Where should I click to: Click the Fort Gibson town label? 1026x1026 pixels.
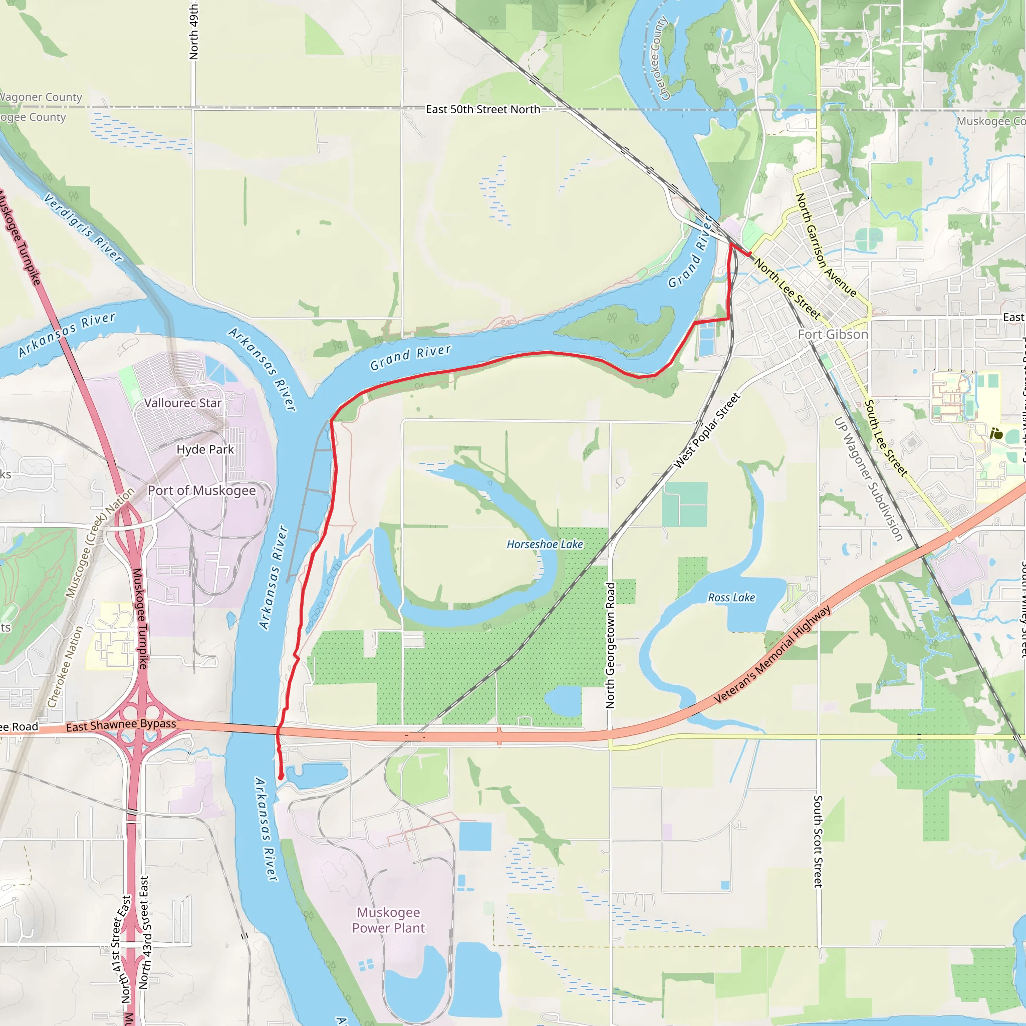point(833,334)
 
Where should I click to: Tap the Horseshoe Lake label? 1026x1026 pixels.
point(545,545)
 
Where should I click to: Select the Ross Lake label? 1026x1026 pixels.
point(731,598)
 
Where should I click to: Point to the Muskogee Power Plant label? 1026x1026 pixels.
point(388,920)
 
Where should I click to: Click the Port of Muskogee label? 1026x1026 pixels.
point(201,490)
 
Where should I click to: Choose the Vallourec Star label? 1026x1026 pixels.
point(183,403)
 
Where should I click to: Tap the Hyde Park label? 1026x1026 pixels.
point(205,449)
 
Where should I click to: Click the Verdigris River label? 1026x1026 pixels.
point(83,227)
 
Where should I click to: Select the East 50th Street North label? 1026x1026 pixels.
point(483,109)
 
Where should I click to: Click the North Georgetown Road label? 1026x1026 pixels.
point(610,645)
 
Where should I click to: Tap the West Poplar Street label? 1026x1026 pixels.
point(707,431)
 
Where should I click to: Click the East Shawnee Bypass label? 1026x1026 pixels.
point(121,725)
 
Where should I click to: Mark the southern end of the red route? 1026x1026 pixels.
point(281,778)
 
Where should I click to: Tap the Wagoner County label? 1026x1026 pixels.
point(41,97)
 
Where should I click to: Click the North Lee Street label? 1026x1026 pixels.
point(788,289)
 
